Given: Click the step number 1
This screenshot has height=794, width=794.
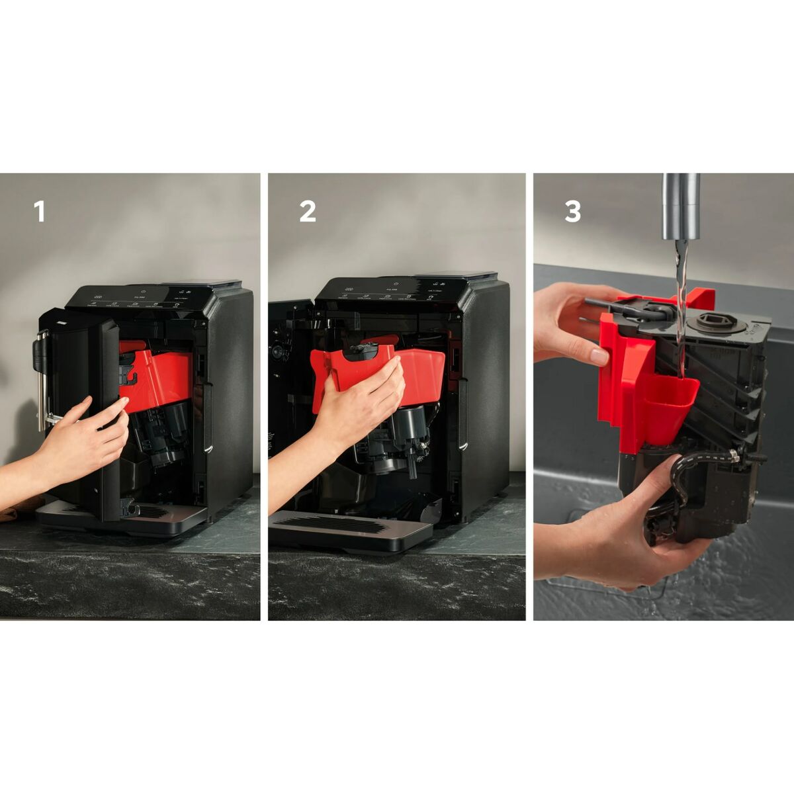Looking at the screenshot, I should pyautogui.click(x=40, y=212).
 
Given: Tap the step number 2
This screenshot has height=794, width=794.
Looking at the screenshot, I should pyautogui.click(x=307, y=212).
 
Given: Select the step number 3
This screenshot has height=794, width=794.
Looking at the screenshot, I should pyautogui.click(x=572, y=212).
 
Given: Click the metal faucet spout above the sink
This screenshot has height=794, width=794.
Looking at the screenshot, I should pyautogui.click(x=681, y=205).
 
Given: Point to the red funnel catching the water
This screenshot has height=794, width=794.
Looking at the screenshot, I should pyautogui.click(x=671, y=400).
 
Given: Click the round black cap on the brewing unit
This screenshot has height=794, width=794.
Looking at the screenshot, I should pyautogui.click(x=709, y=324).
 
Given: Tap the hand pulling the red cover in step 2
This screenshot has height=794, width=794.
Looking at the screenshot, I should pyautogui.click(x=361, y=410).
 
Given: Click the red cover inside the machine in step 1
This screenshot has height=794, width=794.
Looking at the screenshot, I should pyautogui.click(x=159, y=377).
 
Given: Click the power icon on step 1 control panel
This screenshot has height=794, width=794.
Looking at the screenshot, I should pyautogui.click(x=141, y=289).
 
